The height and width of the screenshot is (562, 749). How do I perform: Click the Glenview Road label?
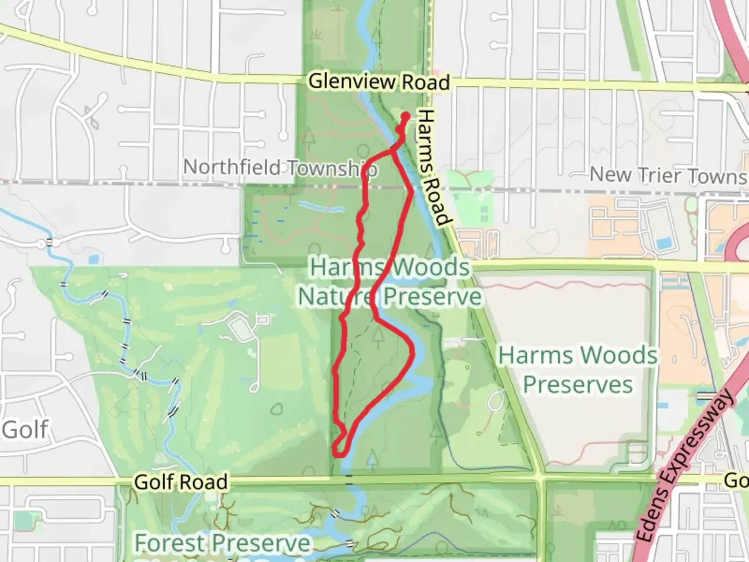[379, 82]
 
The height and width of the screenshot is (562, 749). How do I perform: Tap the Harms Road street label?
[433, 168]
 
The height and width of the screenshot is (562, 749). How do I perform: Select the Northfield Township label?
[280, 168]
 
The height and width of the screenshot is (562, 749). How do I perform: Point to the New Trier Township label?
[668, 175]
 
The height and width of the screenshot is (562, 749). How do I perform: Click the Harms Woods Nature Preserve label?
[390, 282]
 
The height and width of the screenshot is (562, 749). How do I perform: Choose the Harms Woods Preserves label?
[578, 370]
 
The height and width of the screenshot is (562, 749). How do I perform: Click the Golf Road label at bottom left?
[180, 482]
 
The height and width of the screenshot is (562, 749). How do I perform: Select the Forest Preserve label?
[223, 543]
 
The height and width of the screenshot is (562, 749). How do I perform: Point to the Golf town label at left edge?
[25, 430]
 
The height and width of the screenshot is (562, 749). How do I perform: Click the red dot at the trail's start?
[405, 116]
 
